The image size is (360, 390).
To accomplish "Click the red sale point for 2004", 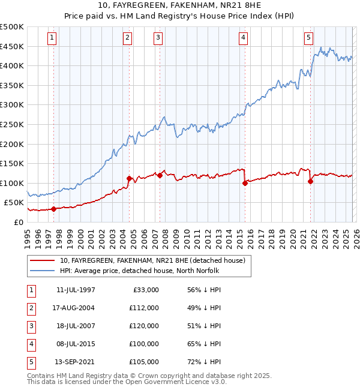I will pos(129,178).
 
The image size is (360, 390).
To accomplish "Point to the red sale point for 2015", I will pos(245,183).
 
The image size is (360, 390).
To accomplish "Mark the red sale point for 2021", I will pos(310,181).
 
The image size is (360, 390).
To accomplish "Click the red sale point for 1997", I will pos(54,209).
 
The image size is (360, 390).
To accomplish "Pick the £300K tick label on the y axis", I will pos(12,104).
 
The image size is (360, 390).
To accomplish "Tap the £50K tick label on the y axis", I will pos(14,203).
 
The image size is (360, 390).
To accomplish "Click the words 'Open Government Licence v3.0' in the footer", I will pos(179,382).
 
